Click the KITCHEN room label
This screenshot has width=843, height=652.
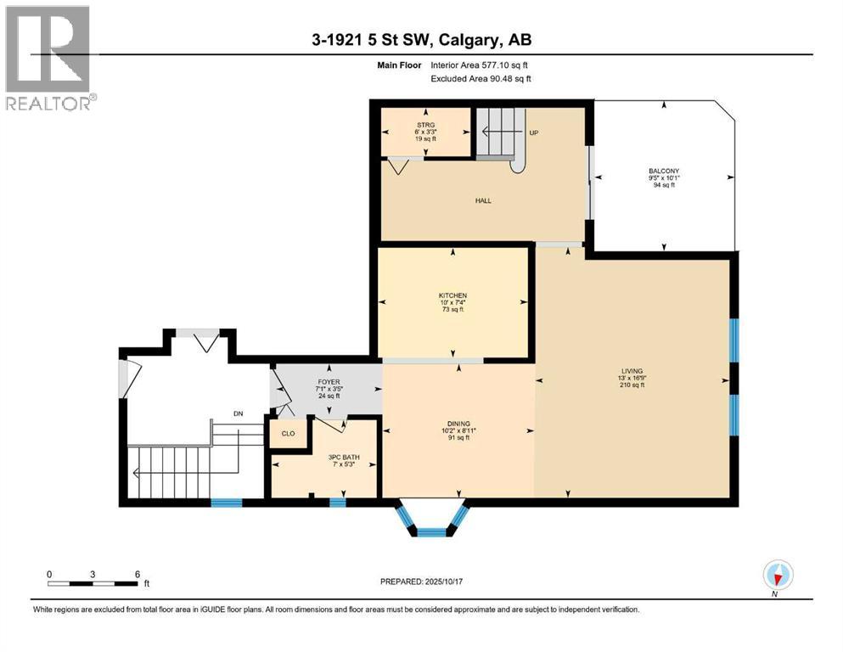(x=453, y=295)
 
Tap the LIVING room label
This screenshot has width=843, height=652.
(x=632, y=371)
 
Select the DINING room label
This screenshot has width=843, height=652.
(x=458, y=424)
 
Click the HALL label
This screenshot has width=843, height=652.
(x=483, y=201)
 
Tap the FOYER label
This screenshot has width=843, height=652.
(x=328, y=382)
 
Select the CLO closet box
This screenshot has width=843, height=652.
(x=288, y=433)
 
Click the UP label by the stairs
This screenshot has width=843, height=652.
(x=534, y=133)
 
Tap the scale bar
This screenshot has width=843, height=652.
(x=93, y=582)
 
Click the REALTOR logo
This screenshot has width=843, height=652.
(x=48, y=57)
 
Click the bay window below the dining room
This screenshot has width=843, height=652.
(x=431, y=519)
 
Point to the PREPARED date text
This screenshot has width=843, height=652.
(x=423, y=582)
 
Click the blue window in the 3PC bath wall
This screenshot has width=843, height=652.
(x=338, y=503)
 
